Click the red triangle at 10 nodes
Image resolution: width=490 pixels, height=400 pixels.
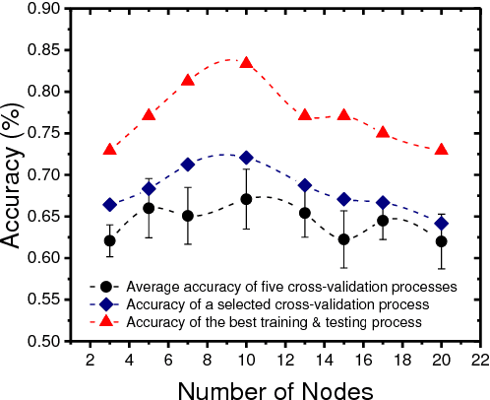(246, 62)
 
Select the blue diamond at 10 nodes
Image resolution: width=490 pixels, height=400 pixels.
(246, 158)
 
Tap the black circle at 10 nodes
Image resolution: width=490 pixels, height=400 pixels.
(246, 199)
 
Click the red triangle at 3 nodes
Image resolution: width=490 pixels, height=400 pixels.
(110, 149)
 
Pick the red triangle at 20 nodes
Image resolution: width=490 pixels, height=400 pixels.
(441, 149)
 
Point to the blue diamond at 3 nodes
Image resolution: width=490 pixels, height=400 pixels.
(110, 205)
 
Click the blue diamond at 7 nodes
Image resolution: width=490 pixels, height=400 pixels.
(188, 165)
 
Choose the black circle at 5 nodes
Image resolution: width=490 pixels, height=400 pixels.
(150, 208)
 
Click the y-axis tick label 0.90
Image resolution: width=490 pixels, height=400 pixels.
(44, 9)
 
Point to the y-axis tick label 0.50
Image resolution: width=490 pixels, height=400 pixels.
(44, 342)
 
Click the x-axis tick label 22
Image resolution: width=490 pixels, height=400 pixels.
(479, 360)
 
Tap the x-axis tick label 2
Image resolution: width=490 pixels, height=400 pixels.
(91, 360)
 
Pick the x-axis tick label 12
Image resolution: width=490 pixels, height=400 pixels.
(284, 360)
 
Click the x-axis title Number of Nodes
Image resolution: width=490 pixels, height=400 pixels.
(282, 388)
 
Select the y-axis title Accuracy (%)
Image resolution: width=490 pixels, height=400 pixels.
(14, 174)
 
